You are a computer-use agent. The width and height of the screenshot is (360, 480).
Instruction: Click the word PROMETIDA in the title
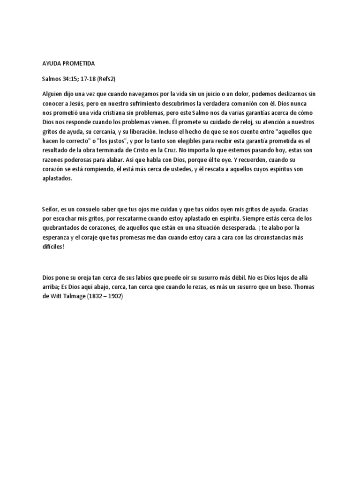79,63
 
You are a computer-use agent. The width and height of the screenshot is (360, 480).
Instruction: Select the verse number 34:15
71,79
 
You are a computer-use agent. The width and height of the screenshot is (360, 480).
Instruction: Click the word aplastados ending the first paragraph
57,179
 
